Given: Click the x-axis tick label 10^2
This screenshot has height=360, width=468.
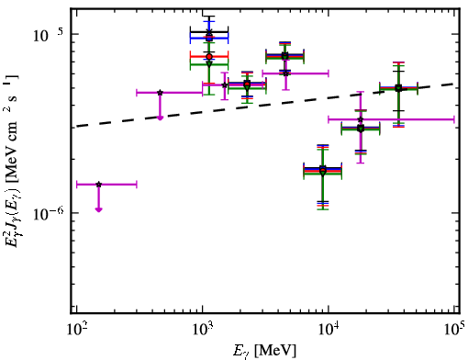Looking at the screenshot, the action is tap(76, 329).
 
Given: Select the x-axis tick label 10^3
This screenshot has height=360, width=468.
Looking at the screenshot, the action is tap(203, 329).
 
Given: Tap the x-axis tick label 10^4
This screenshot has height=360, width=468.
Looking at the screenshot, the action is tap(329, 329).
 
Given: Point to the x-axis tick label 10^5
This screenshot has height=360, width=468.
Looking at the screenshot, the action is tap(455, 329).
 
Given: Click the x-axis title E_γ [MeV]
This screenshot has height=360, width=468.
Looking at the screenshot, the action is tap(264, 351).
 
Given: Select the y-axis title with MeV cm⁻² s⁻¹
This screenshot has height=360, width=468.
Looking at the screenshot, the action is tap(12, 160).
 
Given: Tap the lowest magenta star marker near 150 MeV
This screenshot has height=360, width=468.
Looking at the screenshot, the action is tap(98, 185).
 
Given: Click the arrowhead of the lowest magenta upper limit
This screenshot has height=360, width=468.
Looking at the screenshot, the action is tap(98, 209).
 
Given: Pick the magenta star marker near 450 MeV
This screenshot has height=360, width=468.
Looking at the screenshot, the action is tap(160, 93).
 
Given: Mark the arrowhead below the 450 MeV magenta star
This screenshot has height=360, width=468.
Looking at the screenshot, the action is tap(160, 118).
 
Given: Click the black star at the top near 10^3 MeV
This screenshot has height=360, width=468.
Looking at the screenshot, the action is tap(209, 32).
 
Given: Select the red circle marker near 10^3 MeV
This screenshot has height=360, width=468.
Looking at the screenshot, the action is tap(209, 57).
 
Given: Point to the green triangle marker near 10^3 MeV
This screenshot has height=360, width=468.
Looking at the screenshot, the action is tap(209, 64).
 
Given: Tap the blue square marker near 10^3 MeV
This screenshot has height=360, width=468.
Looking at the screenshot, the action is tap(209, 39).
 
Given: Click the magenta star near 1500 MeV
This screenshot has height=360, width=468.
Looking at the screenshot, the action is tap(225, 85).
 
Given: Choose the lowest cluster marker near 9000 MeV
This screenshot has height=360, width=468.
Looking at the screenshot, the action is tap(323, 173).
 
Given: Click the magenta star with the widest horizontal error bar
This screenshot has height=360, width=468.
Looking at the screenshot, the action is tap(361, 119).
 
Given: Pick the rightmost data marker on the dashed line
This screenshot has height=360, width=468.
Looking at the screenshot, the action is tap(398, 88).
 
